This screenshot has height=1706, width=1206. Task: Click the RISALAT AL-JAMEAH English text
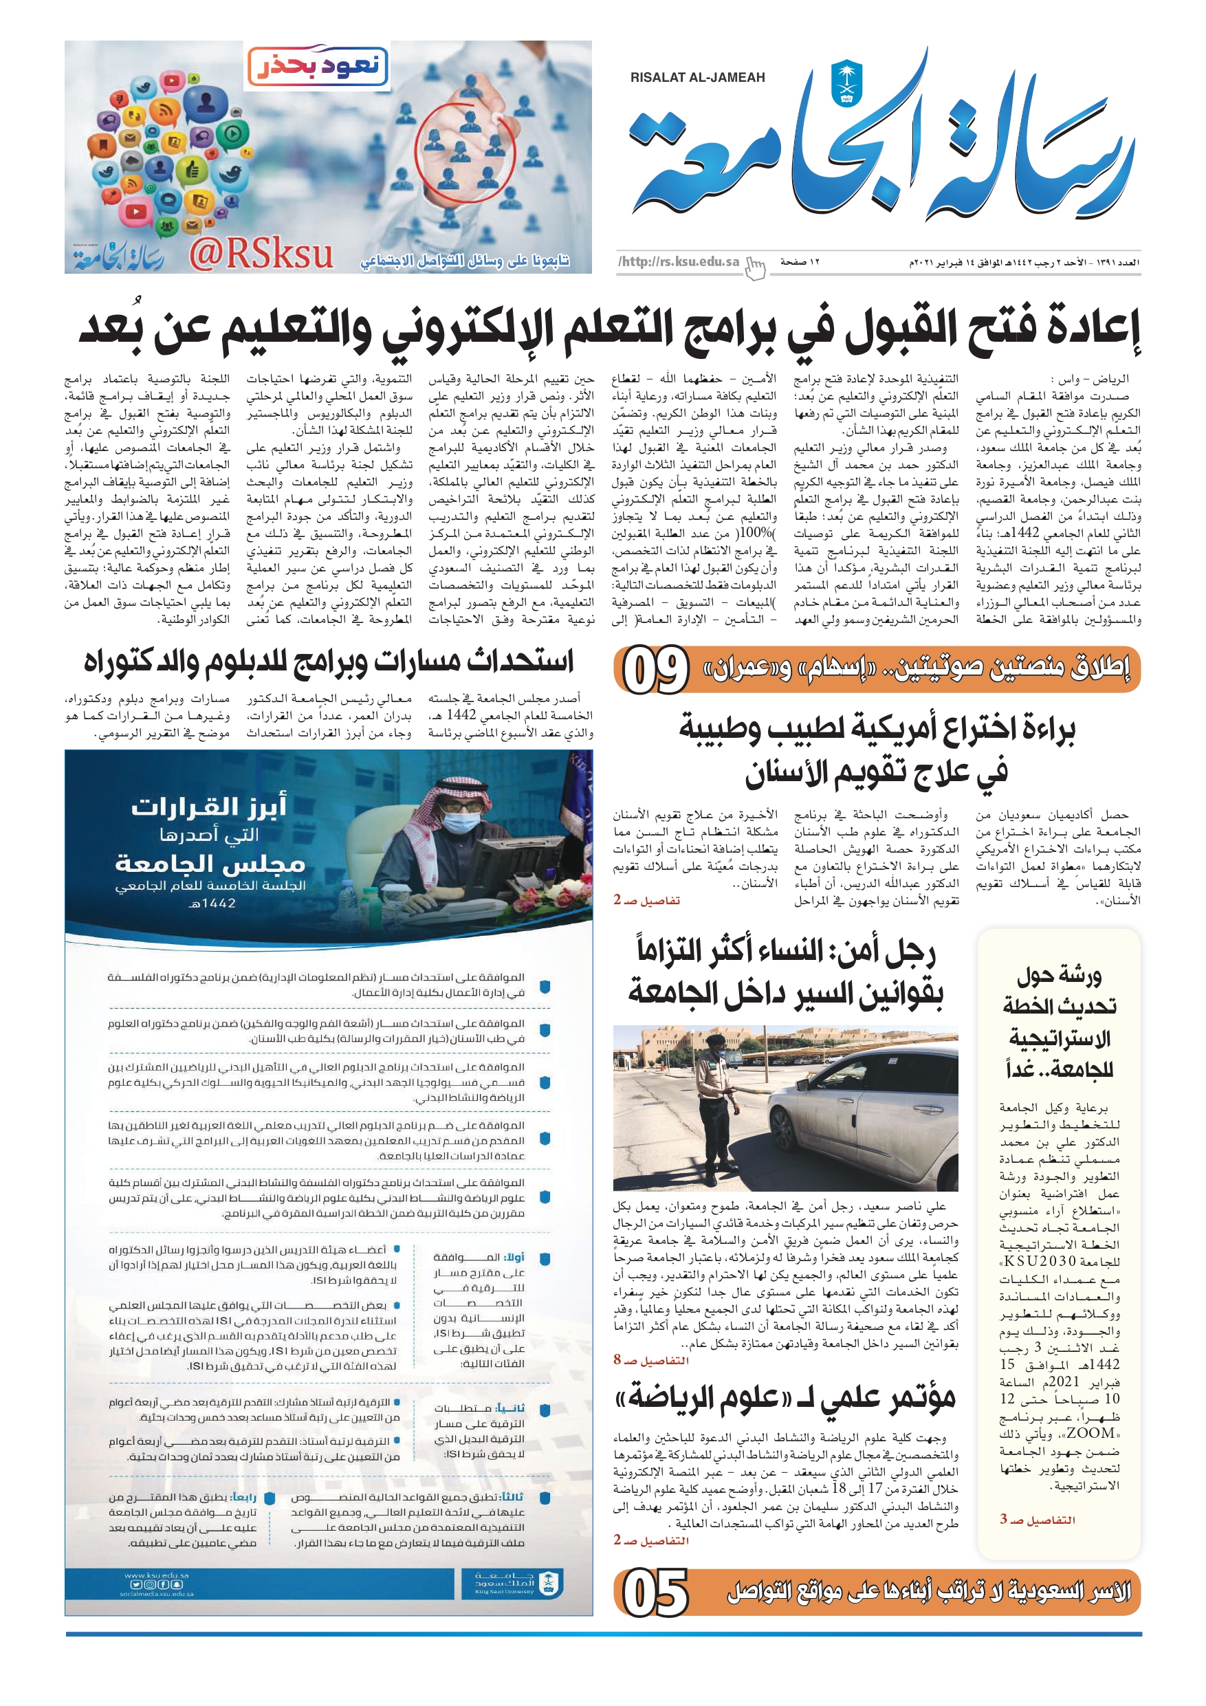tap(697, 77)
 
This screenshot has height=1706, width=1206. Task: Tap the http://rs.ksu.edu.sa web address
tap(679, 261)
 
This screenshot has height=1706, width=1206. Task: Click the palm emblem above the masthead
tap(846, 82)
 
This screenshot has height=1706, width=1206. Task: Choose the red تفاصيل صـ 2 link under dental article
tap(646, 900)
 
